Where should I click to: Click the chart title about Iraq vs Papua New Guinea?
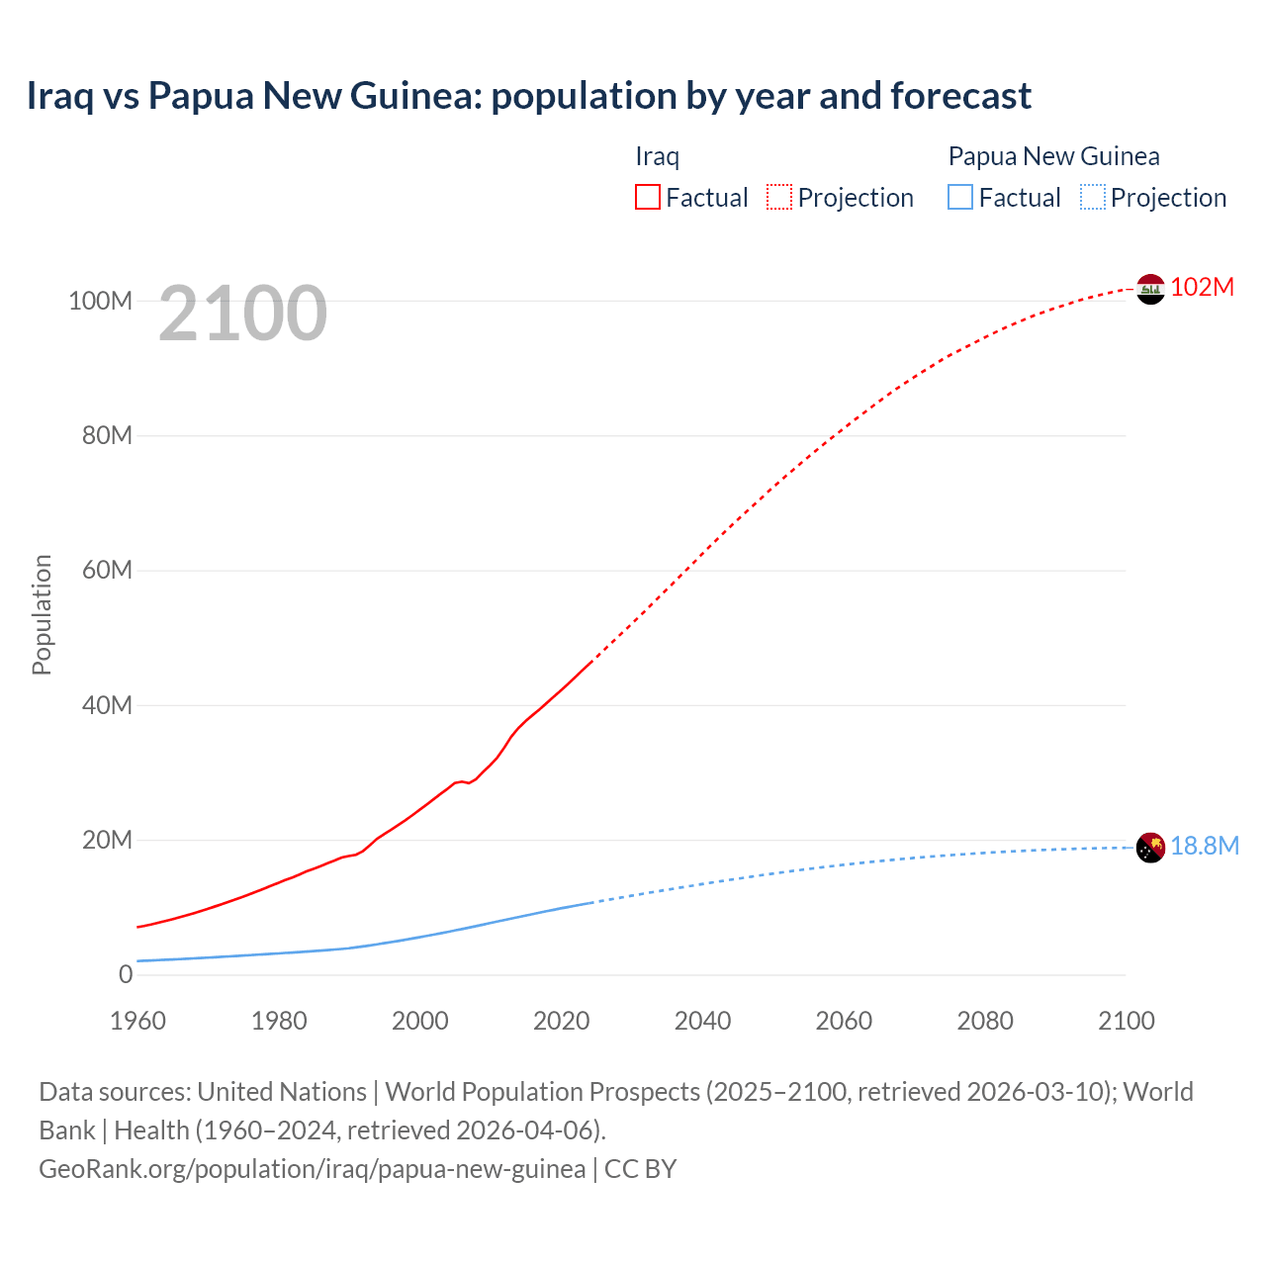point(528,96)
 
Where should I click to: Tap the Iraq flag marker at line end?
point(1150,289)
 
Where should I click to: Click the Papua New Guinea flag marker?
point(1150,848)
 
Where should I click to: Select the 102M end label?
point(1202,288)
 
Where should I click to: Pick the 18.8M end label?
point(1204,847)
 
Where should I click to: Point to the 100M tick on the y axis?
point(100,301)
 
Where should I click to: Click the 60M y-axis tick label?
point(106,571)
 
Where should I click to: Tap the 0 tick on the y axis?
point(125,975)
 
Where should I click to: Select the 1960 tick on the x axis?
point(137,1021)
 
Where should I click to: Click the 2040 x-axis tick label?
point(702,1021)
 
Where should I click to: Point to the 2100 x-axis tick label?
point(1126,1021)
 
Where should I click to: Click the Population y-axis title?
point(42,614)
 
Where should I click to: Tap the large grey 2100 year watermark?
point(242,314)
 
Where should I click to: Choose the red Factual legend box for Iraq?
point(647,198)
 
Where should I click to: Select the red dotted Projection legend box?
point(779,198)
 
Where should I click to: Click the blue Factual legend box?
point(959,198)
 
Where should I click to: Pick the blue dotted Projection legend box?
point(1092,198)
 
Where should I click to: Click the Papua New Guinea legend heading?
point(1053,156)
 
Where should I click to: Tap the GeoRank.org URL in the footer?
point(312,1169)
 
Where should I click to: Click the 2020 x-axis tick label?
point(561,1021)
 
